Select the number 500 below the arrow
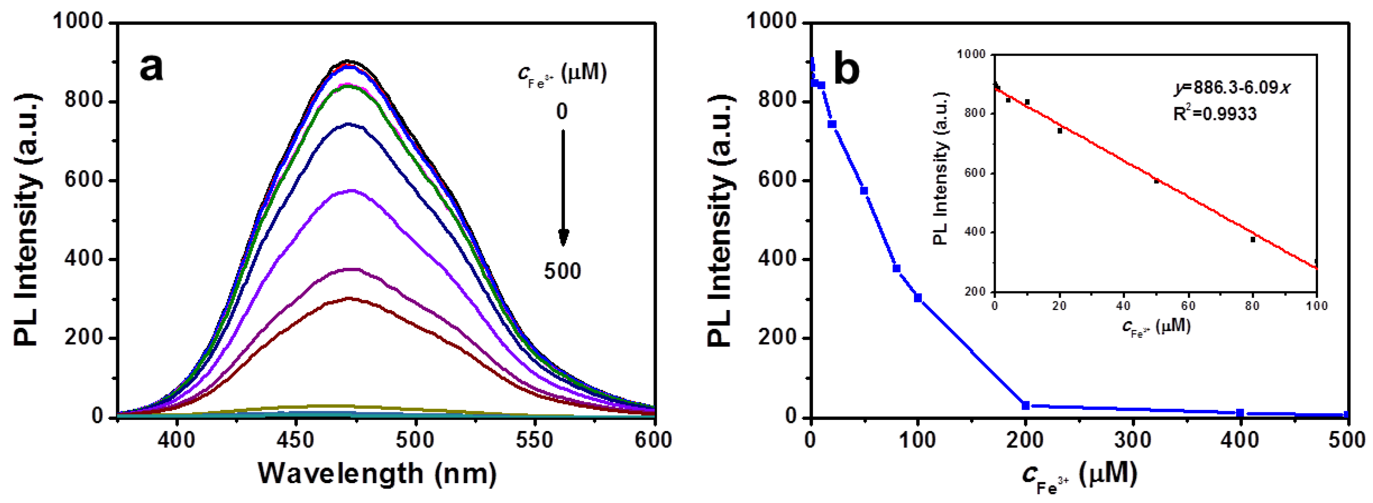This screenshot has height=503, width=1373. [x=562, y=271]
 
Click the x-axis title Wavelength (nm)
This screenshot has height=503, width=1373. [x=377, y=473]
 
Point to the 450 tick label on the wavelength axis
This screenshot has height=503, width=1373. [x=296, y=440]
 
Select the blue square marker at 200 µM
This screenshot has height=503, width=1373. [x=1025, y=406]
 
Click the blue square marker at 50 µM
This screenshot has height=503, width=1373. [x=864, y=191]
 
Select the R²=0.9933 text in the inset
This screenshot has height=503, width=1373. [x=1215, y=113]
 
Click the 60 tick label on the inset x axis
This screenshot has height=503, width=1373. [x=1188, y=306]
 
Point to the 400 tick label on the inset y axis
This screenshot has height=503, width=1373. [x=976, y=233]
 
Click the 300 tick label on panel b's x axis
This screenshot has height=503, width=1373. [x=1133, y=440]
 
